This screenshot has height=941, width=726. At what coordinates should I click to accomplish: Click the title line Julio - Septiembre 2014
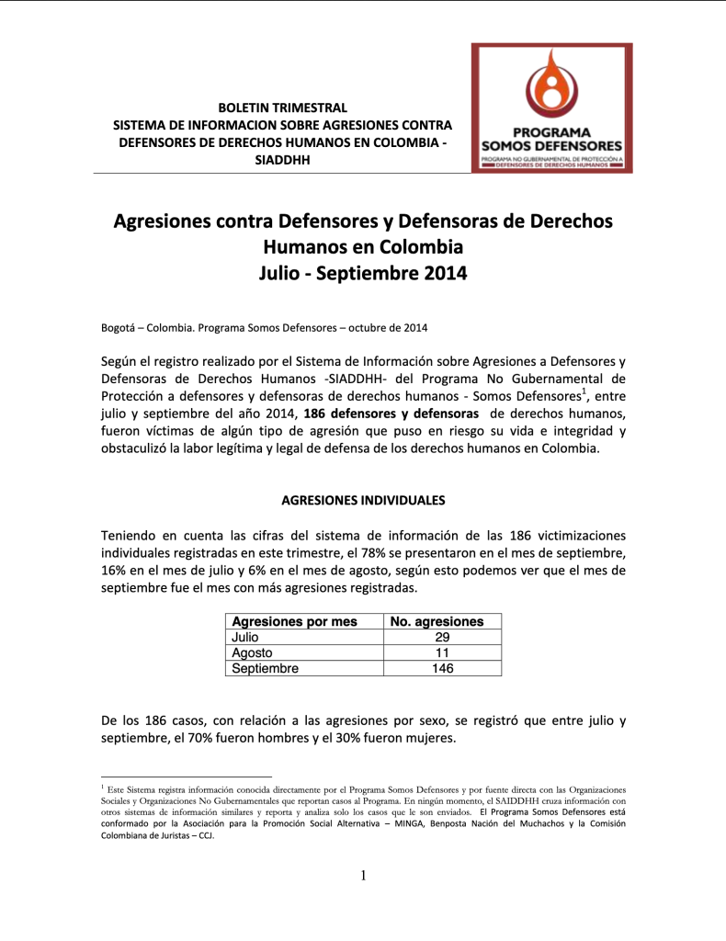pos(363,273)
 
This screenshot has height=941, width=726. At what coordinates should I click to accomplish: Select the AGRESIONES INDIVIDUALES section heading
pos(363,501)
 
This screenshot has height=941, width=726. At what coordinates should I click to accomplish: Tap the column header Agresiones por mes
pos(294,622)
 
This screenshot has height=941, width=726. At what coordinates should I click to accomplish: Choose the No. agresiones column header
pos(437,622)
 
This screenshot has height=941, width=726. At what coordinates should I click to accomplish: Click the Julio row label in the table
pos(245,637)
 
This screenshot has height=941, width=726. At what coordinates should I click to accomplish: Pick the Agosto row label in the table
pos(253,652)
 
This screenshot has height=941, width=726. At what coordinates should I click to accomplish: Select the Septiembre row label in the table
pos(266,668)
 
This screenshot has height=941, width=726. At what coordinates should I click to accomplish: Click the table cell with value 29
pos(442,637)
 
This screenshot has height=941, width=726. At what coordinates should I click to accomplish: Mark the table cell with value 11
pos(442,652)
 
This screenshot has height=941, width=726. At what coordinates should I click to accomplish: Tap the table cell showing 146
pos(442,668)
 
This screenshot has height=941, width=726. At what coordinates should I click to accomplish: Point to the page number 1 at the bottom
pos(363,876)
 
